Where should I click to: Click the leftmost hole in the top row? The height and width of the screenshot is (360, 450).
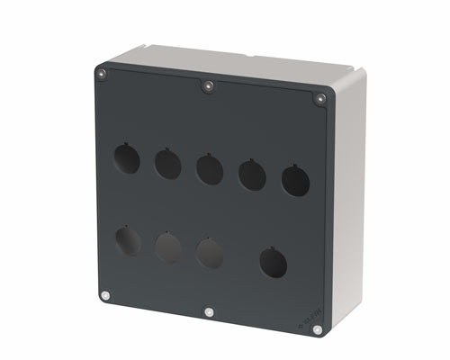(126, 158)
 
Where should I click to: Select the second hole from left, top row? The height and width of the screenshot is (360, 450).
(167, 164)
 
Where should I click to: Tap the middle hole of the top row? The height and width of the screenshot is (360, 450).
(210, 169)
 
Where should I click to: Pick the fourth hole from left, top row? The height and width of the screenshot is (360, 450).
(251, 175)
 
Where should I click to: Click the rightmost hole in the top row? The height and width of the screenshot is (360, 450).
(295, 181)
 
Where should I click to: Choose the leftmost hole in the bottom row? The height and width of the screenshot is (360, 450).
(128, 240)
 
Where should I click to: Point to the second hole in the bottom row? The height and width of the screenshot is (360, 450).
(168, 247)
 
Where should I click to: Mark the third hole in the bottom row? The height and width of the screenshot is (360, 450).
(210, 253)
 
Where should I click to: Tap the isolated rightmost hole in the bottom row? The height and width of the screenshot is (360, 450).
(274, 263)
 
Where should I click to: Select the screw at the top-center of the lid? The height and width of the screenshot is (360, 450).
(208, 86)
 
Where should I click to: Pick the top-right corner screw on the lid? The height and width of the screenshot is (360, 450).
(319, 98)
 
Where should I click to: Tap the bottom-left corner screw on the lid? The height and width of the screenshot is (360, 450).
(106, 294)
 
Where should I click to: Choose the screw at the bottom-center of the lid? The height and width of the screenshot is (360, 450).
(209, 312)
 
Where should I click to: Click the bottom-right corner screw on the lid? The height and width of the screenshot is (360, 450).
(318, 330)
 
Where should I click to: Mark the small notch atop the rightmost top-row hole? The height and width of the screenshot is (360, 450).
(294, 166)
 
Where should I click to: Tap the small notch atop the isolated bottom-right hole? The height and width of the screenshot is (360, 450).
(273, 248)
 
